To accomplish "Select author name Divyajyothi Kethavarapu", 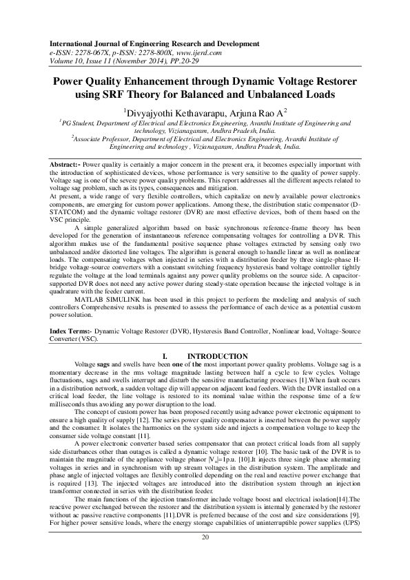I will [x=177, y=112].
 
